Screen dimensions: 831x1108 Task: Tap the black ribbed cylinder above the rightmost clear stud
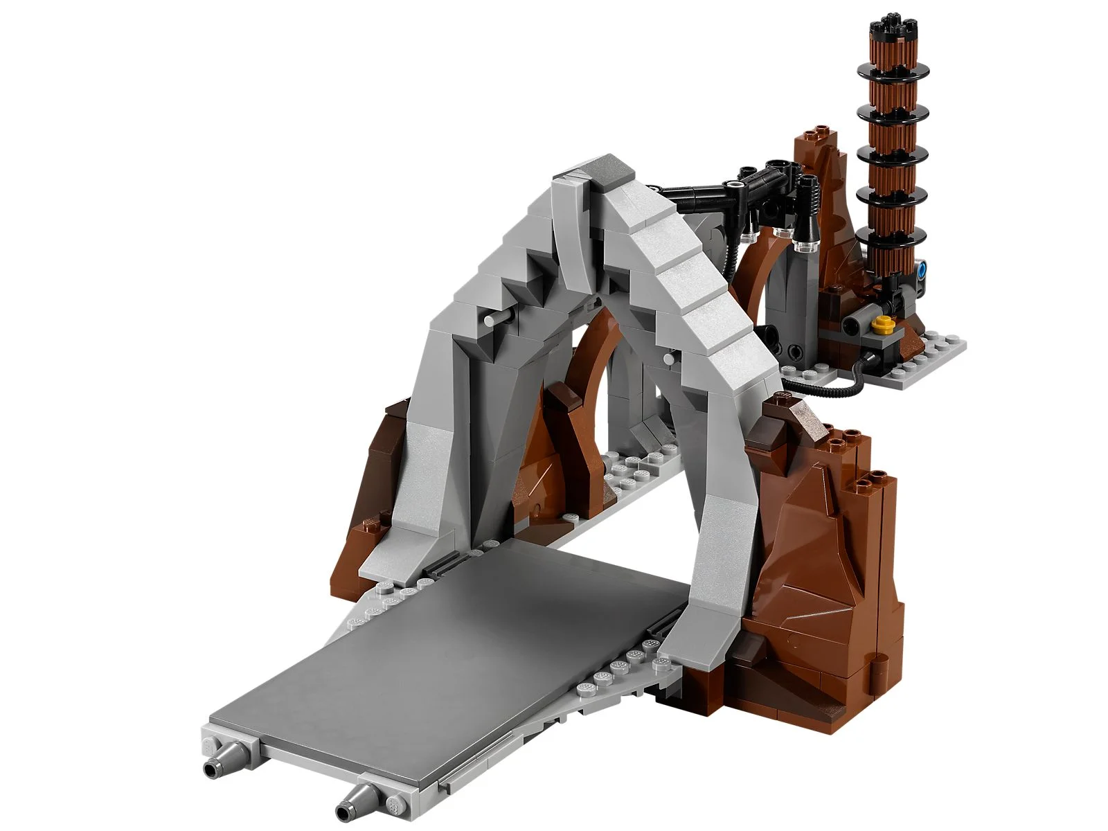807,201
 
